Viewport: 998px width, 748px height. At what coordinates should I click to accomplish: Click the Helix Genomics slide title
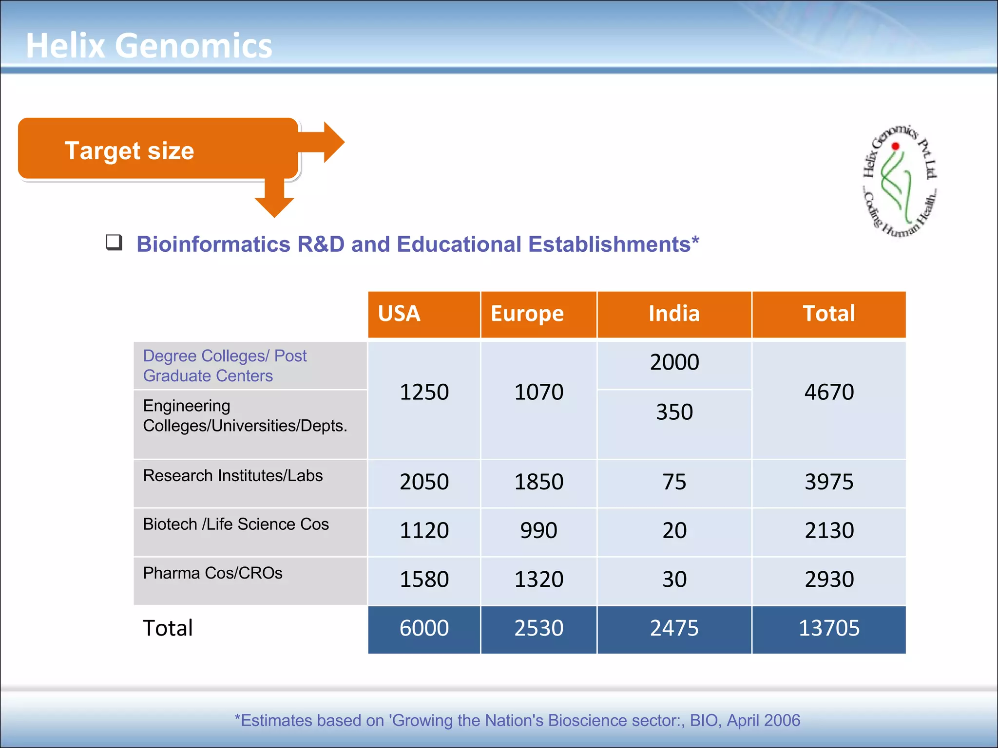click(x=149, y=45)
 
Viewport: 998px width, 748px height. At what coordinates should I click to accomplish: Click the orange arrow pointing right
click(x=326, y=142)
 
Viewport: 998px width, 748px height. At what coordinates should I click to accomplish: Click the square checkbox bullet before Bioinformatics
click(x=114, y=242)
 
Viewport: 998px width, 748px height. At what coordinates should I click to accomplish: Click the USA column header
click(x=399, y=314)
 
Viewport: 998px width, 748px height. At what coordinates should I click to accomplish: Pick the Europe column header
click(x=527, y=314)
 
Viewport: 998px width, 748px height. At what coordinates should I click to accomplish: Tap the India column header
click(x=674, y=314)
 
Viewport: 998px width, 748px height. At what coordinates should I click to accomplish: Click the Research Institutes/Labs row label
click(x=233, y=476)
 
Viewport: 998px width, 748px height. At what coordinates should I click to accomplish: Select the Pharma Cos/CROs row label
click(x=213, y=573)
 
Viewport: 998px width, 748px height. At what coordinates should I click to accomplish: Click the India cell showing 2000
click(x=674, y=362)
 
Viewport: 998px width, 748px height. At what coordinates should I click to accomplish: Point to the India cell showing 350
click(x=674, y=412)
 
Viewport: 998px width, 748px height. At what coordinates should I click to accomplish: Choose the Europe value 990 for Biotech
click(x=538, y=530)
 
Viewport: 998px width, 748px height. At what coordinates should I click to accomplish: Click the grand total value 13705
click(x=829, y=628)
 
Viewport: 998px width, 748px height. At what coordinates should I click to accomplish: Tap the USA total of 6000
click(x=424, y=628)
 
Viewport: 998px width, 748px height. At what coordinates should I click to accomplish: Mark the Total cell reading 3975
click(x=829, y=482)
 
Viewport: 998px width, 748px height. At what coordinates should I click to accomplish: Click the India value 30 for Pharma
click(x=674, y=580)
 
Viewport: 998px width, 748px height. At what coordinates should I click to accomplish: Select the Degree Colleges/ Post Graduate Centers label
click(x=225, y=366)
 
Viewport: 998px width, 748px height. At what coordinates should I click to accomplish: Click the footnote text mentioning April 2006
click(x=518, y=720)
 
